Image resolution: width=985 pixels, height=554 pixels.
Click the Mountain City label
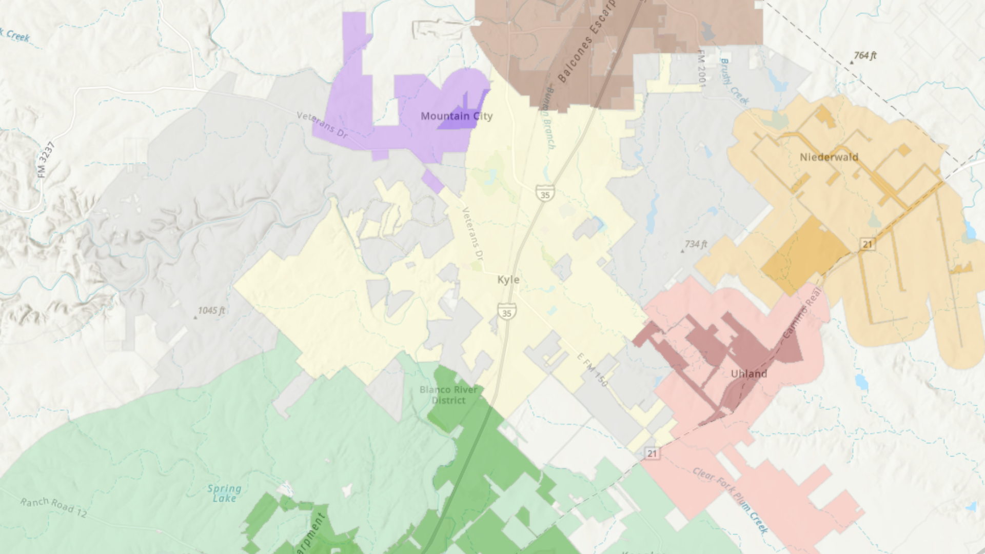457,116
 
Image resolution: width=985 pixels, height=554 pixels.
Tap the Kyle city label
508,280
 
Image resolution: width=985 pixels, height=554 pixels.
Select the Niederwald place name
829,157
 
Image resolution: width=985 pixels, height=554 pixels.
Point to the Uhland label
749,373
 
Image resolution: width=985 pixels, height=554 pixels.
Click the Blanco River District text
449,395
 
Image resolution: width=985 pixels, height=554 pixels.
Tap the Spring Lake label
225,493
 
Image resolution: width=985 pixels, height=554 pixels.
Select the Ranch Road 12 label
54,507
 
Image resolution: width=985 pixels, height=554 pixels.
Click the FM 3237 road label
46,160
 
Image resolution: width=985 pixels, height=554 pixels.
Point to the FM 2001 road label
702,69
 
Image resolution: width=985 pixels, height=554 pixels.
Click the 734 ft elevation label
696,245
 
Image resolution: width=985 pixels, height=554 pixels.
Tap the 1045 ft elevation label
211,311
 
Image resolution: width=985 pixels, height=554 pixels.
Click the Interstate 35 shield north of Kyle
545,194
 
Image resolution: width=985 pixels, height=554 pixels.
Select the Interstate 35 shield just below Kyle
507,312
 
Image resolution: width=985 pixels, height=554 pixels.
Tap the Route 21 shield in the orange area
868,244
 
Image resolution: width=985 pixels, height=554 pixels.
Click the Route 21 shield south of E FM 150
652,453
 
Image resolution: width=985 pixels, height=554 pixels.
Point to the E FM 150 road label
592,369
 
